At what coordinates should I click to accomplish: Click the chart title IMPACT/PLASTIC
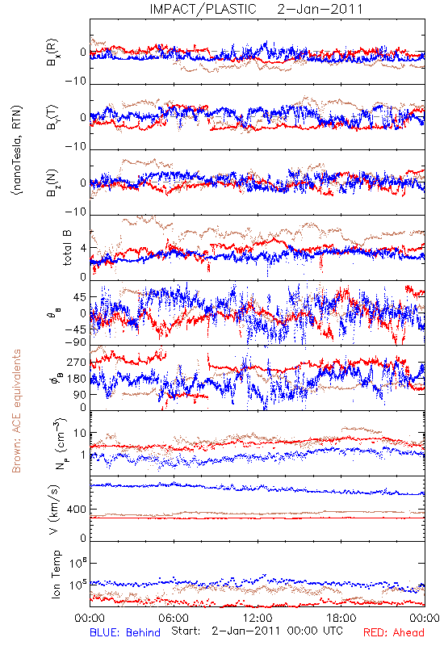203,9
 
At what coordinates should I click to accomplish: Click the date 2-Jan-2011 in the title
320,9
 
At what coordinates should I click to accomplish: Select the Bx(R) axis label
52,52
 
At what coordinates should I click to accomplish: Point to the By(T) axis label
52,117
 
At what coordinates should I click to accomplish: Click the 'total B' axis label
67,248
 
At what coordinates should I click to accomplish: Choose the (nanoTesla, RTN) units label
17,150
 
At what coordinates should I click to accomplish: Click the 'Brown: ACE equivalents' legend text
16,411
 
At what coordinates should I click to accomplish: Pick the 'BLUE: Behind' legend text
125,632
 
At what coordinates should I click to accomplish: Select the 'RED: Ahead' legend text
393,632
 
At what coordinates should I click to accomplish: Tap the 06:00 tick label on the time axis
174,618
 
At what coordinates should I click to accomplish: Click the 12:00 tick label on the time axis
258,618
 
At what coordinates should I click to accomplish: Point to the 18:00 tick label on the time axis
341,618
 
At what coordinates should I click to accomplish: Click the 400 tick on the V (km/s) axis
77,510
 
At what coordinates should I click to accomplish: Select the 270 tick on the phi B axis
77,363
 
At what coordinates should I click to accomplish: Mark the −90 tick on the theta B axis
76,342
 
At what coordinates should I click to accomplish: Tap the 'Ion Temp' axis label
56,574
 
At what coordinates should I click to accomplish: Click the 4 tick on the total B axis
84,248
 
